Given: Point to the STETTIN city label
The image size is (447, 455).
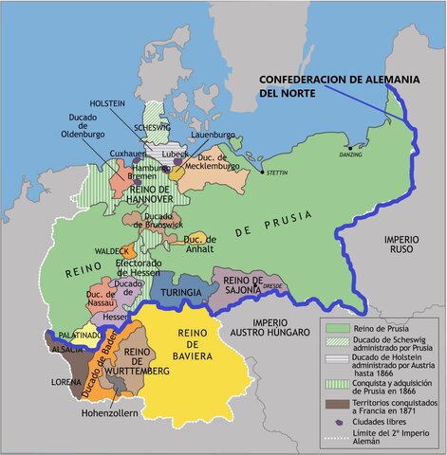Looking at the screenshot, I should (277, 173).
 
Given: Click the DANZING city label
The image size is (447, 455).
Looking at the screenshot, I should (350, 154).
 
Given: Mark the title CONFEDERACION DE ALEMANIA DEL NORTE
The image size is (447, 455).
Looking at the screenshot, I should (336, 86).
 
